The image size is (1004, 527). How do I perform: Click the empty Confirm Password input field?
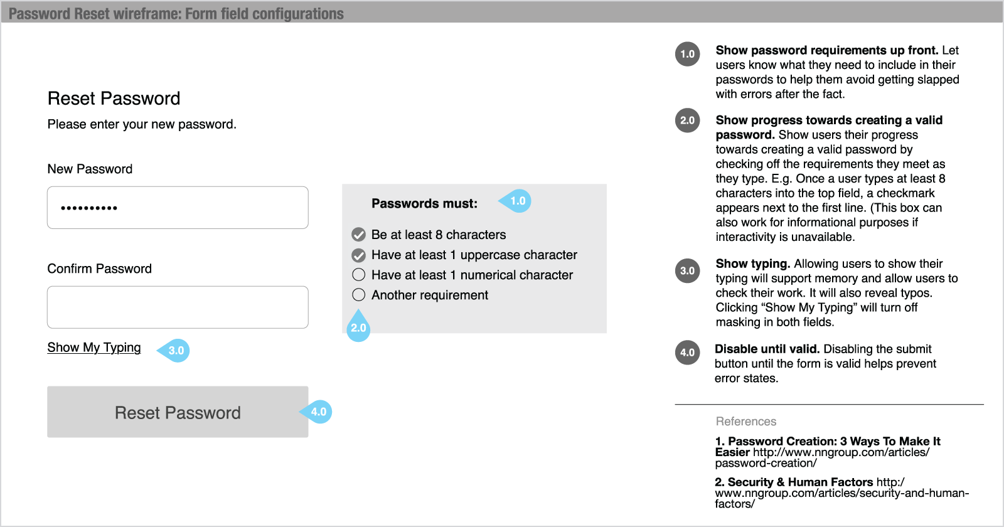pos(178,307)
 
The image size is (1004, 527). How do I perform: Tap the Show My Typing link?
pos(94,348)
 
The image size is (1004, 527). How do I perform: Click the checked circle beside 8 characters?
pos(359,235)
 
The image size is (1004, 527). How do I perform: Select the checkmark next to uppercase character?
pos(359,255)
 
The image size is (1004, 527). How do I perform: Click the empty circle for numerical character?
pos(359,275)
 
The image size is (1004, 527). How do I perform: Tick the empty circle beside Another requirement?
pos(359,295)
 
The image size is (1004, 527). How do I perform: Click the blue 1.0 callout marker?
pos(517,201)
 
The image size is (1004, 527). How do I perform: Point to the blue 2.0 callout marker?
pos(358,327)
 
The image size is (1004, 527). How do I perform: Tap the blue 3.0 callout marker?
pos(176,350)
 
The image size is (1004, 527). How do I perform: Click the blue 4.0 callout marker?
pos(318,412)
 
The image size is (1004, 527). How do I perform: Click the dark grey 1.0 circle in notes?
pos(688,54)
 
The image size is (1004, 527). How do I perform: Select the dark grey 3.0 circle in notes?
pos(688,271)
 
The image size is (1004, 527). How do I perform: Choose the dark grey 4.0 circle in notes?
pos(688,353)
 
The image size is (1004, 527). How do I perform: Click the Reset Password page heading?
pos(114,98)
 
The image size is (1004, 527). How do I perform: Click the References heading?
pos(746,422)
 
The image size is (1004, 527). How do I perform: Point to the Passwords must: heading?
pos(424,203)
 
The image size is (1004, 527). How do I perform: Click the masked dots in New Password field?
pos(89,208)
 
